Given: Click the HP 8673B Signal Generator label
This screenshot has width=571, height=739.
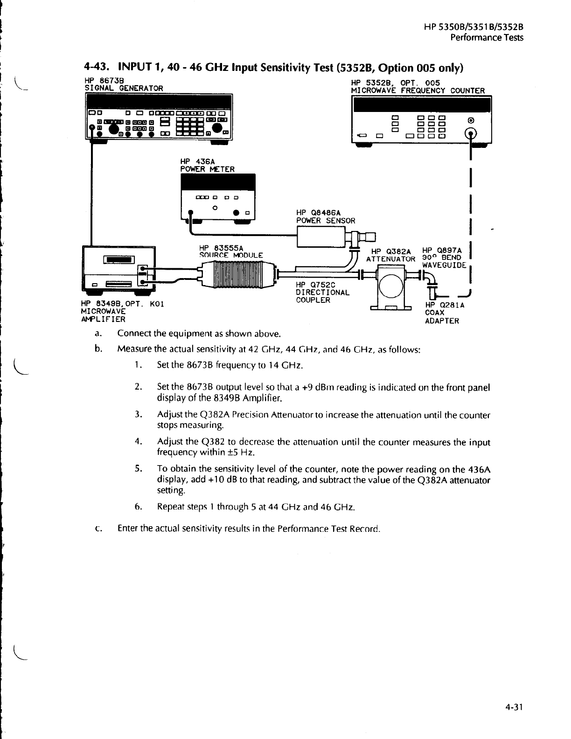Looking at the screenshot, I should (124, 84).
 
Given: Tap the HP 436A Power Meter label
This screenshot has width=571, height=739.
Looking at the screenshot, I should (207, 165).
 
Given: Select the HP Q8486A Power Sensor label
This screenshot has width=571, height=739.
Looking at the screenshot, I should (326, 217).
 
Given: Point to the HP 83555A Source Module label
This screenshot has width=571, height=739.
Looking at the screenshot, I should (231, 251).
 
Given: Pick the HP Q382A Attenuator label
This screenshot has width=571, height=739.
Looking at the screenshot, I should (391, 255).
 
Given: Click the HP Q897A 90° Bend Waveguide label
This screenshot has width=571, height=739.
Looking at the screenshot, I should (444, 258).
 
